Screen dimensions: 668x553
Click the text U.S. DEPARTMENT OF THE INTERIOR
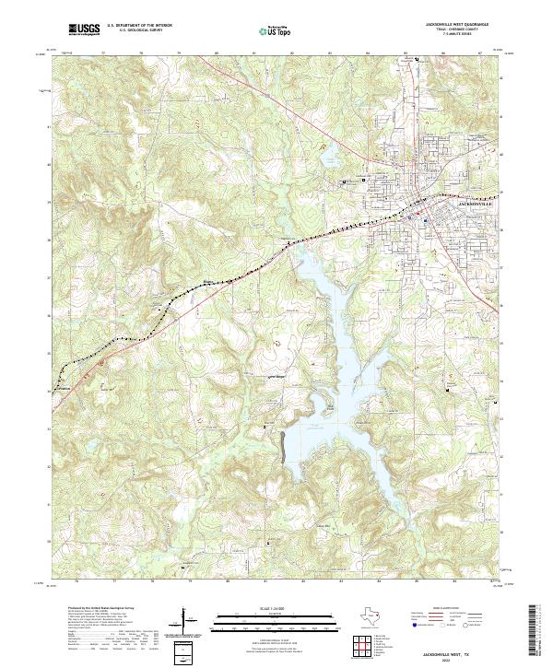point(140,26)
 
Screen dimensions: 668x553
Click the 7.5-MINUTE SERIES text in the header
point(458,34)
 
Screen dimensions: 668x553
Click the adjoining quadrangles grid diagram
point(364,648)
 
